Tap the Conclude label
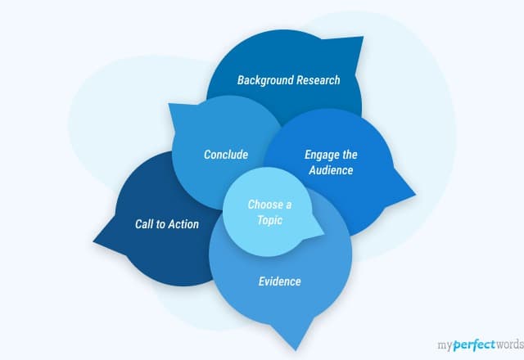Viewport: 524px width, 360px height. click(226, 154)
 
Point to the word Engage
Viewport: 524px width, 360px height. click(321, 155)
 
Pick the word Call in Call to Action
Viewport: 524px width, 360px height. click(145, 224)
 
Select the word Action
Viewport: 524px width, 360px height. click(183, 224)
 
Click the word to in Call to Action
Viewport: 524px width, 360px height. click(161, 224)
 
